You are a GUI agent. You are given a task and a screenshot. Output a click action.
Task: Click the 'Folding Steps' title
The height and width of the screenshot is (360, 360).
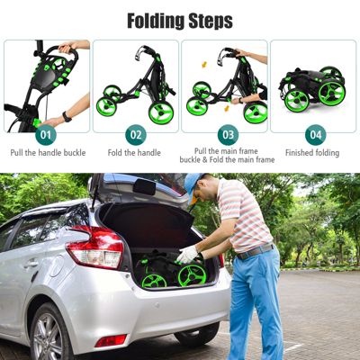pos(180,20)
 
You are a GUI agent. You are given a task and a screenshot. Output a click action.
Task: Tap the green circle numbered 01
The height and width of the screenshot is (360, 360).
pos(47,135)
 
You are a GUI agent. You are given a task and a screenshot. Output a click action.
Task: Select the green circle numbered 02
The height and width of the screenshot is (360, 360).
pos(135,135)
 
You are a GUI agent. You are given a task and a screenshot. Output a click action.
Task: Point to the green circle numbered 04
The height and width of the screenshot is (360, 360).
pos(314,135)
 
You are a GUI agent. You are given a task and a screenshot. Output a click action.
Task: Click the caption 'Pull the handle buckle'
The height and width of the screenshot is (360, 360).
pos(47,153)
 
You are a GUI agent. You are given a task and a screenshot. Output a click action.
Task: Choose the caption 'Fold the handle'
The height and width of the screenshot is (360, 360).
pos(135,153)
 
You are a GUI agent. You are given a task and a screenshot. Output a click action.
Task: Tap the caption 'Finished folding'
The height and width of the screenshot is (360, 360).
pos(314,153)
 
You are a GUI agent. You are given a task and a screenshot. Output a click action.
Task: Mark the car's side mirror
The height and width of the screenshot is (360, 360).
pos(143,186)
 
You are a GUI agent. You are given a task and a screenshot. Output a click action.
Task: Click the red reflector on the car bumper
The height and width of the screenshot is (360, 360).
pos(111,340)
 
